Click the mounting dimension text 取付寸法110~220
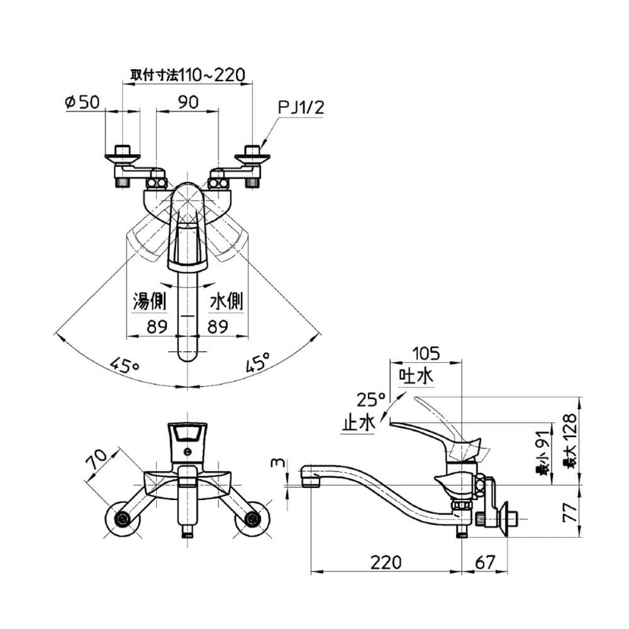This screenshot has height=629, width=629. point(187,75)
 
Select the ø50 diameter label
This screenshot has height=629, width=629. point(82,103)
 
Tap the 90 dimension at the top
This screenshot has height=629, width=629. point(188,103)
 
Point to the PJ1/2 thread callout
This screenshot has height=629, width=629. point(301,108)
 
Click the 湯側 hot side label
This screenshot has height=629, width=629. point(149,301)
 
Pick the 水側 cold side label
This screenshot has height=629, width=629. point(226,301)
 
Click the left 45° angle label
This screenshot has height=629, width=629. point(125,365)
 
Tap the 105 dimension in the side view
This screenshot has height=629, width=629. point(426,353)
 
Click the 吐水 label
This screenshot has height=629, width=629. point(416,376)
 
